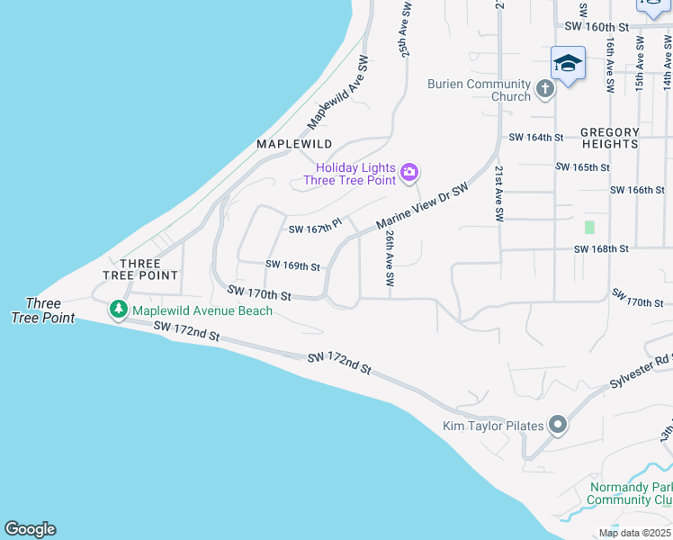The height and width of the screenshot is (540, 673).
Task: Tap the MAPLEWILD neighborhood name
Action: [x=294, y=144]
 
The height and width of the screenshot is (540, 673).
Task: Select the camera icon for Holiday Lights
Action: [x=409, y=172]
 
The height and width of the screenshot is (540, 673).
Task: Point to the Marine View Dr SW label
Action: [x=423, y=207]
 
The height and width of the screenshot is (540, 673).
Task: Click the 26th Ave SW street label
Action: [x=390, y=257]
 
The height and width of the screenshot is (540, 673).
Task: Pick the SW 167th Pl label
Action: [x=315, y=229]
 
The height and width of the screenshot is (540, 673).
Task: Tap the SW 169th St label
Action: [x=293, y=265]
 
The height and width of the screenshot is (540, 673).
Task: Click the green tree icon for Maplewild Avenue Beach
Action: [x=118, y=310]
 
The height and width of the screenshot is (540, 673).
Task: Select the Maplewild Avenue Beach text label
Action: [x=202, y=311]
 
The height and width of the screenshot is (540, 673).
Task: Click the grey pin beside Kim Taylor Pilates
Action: [x=558, y=425]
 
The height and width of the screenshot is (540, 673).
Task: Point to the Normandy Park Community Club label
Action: [x=631, y=493]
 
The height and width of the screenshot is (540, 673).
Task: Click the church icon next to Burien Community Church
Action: [x=544, y=89]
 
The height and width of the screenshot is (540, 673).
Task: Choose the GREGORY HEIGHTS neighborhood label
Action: [x=609, y=138]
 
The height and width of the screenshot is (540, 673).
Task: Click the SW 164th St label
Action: [x=535, y=138]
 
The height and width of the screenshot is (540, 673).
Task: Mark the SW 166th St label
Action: [x=637, y=190]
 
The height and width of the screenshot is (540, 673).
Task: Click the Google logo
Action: [x=31, y=529]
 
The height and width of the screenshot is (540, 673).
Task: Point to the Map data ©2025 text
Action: [x=633, y=533]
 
